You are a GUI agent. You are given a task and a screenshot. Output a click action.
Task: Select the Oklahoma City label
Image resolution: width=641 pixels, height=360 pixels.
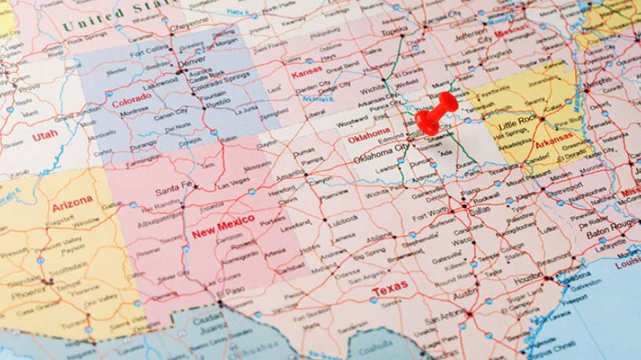381,153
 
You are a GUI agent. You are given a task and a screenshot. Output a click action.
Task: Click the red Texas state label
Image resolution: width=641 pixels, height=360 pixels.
389,290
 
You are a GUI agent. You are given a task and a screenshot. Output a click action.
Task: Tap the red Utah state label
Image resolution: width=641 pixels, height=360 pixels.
45,136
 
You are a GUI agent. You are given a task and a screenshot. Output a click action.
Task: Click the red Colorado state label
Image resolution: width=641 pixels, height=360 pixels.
131,100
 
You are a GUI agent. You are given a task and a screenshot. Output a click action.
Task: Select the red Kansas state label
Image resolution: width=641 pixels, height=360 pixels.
307,73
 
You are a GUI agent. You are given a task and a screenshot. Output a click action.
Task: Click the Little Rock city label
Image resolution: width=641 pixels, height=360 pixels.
517,123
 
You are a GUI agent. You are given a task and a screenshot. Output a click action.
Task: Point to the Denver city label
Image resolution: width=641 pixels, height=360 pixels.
191,61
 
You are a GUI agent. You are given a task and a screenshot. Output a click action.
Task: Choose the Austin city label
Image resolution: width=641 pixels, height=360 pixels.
466,292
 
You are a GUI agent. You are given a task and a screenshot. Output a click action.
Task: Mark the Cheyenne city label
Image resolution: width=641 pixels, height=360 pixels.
190,25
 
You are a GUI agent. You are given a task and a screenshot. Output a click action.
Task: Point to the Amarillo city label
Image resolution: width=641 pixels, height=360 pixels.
289,175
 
